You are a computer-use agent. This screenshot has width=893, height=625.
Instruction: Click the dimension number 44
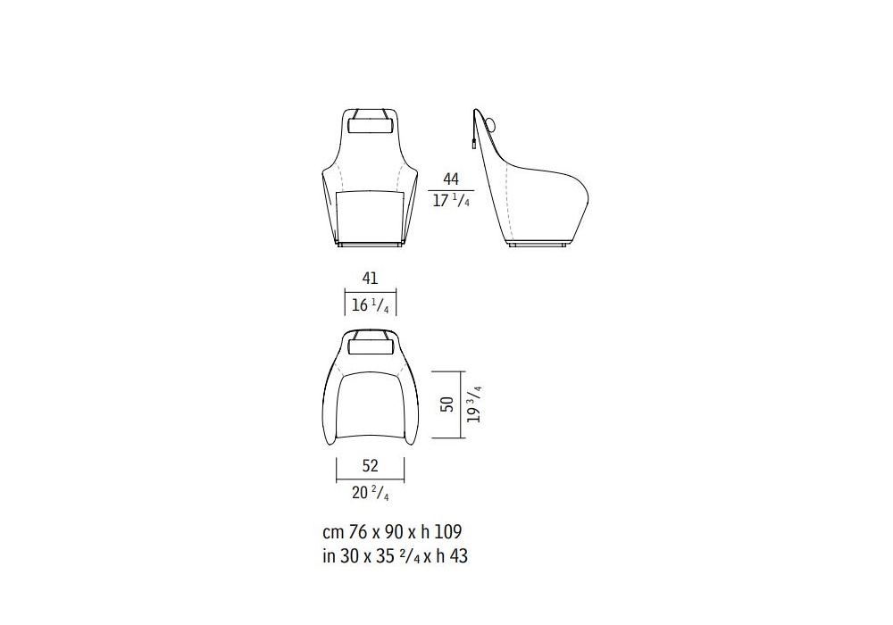(450, 179)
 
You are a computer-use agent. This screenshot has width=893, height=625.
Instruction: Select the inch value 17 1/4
(451, 201)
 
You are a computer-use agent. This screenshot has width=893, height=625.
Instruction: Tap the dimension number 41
(370, 279)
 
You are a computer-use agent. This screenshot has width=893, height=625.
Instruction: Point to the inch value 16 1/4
(371, 305)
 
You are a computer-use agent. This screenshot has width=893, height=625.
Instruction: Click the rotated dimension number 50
(447, 404)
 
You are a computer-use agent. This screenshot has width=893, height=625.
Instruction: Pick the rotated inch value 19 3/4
(474, 404)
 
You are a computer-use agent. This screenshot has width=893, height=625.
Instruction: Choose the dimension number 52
(371, 466)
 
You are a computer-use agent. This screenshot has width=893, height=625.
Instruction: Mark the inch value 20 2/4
(371, 493)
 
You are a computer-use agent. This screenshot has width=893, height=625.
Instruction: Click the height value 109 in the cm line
(448, 531)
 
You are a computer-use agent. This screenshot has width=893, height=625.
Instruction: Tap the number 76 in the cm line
(357, 531)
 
